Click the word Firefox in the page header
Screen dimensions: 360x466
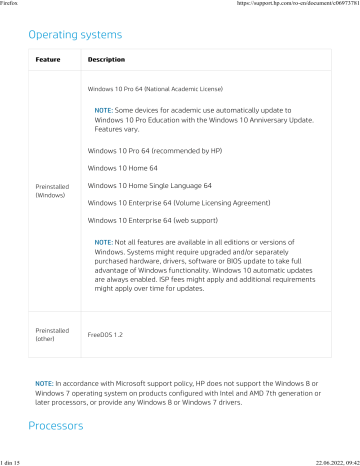point(12,4)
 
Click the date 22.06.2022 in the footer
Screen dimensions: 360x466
point(329,461)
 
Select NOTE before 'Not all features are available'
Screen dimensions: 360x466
point(103,243)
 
